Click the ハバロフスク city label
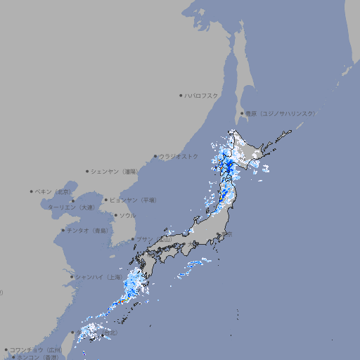point(202,95)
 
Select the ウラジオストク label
point(179,156)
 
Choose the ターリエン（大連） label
point(70,207)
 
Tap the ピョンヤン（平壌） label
point(134,200)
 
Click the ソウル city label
point(127,216)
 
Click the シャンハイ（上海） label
point(98,277)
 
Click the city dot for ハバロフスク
point(181,95)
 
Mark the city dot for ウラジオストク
point(155,156)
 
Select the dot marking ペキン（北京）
point(32,191)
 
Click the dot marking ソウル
point(115,216)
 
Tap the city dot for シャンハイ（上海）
point(72,277)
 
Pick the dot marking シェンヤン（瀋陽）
point(87,171)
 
